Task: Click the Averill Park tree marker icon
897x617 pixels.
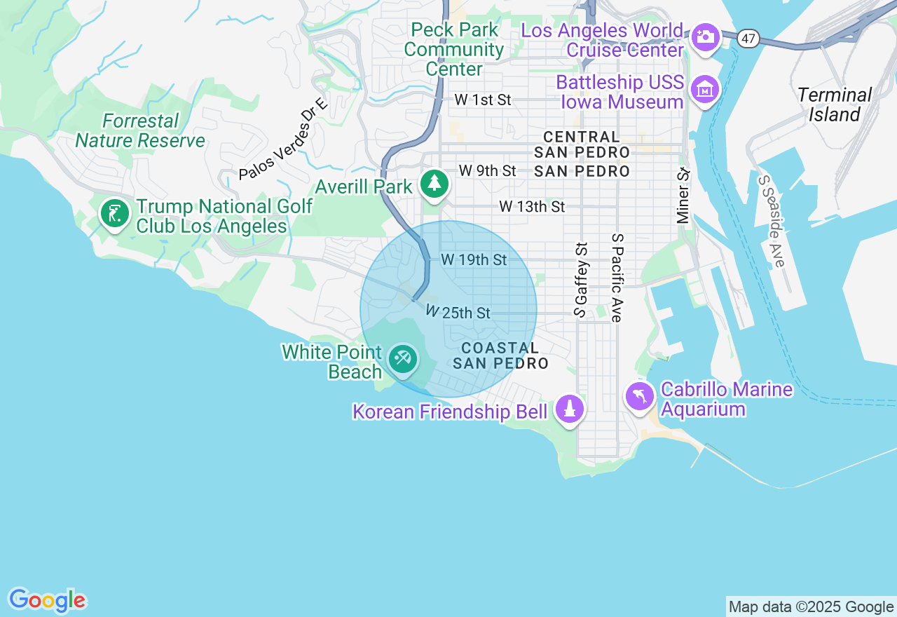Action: coord(434,184)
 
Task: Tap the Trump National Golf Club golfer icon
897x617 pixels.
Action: coord(115,213)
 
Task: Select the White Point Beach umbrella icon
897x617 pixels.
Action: coord(402,360)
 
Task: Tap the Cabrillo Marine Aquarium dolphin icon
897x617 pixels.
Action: coord(640,397)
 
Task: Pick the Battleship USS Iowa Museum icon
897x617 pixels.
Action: coord(705,90)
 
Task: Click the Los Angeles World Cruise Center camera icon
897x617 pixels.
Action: coord(705,37)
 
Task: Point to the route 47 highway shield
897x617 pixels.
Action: coord(749,39)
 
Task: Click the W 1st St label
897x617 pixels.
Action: coord(482,100)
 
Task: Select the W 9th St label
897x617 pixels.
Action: coord(487,170)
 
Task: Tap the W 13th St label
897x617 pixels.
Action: coord(531,207)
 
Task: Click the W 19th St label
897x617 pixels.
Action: coord(474,260)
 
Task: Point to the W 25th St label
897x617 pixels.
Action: coord(458,313)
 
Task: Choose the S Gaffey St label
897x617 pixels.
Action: coord(580,280)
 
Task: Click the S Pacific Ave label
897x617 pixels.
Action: coord(617,278)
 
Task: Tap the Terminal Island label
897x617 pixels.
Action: coord(834,104)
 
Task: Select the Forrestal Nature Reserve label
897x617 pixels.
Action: coord(140,130)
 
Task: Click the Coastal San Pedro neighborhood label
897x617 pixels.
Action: coord(500,355)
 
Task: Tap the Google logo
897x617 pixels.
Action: coord(47,600)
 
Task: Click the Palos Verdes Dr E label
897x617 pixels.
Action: coord(283,140)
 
